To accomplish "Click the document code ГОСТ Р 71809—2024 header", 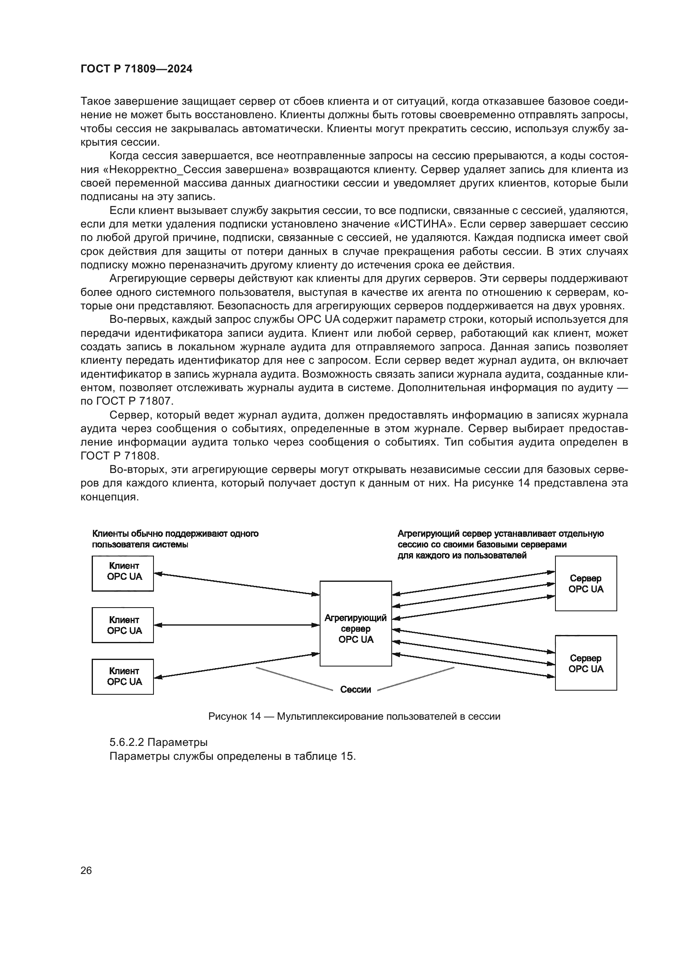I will pos(136,69).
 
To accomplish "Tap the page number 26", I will pos(86,870).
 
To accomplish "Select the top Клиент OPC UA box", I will pos(123,574).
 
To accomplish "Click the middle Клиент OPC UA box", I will pos(123,625).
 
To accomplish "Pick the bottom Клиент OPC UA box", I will pos(123,676).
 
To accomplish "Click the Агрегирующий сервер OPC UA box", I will pos(356,624).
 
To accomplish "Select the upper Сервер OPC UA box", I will pos(586,583).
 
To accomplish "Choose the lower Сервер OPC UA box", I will pos(586,663).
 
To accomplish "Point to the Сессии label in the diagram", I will pos(356,689).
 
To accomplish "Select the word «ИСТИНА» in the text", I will pos(424,224).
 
